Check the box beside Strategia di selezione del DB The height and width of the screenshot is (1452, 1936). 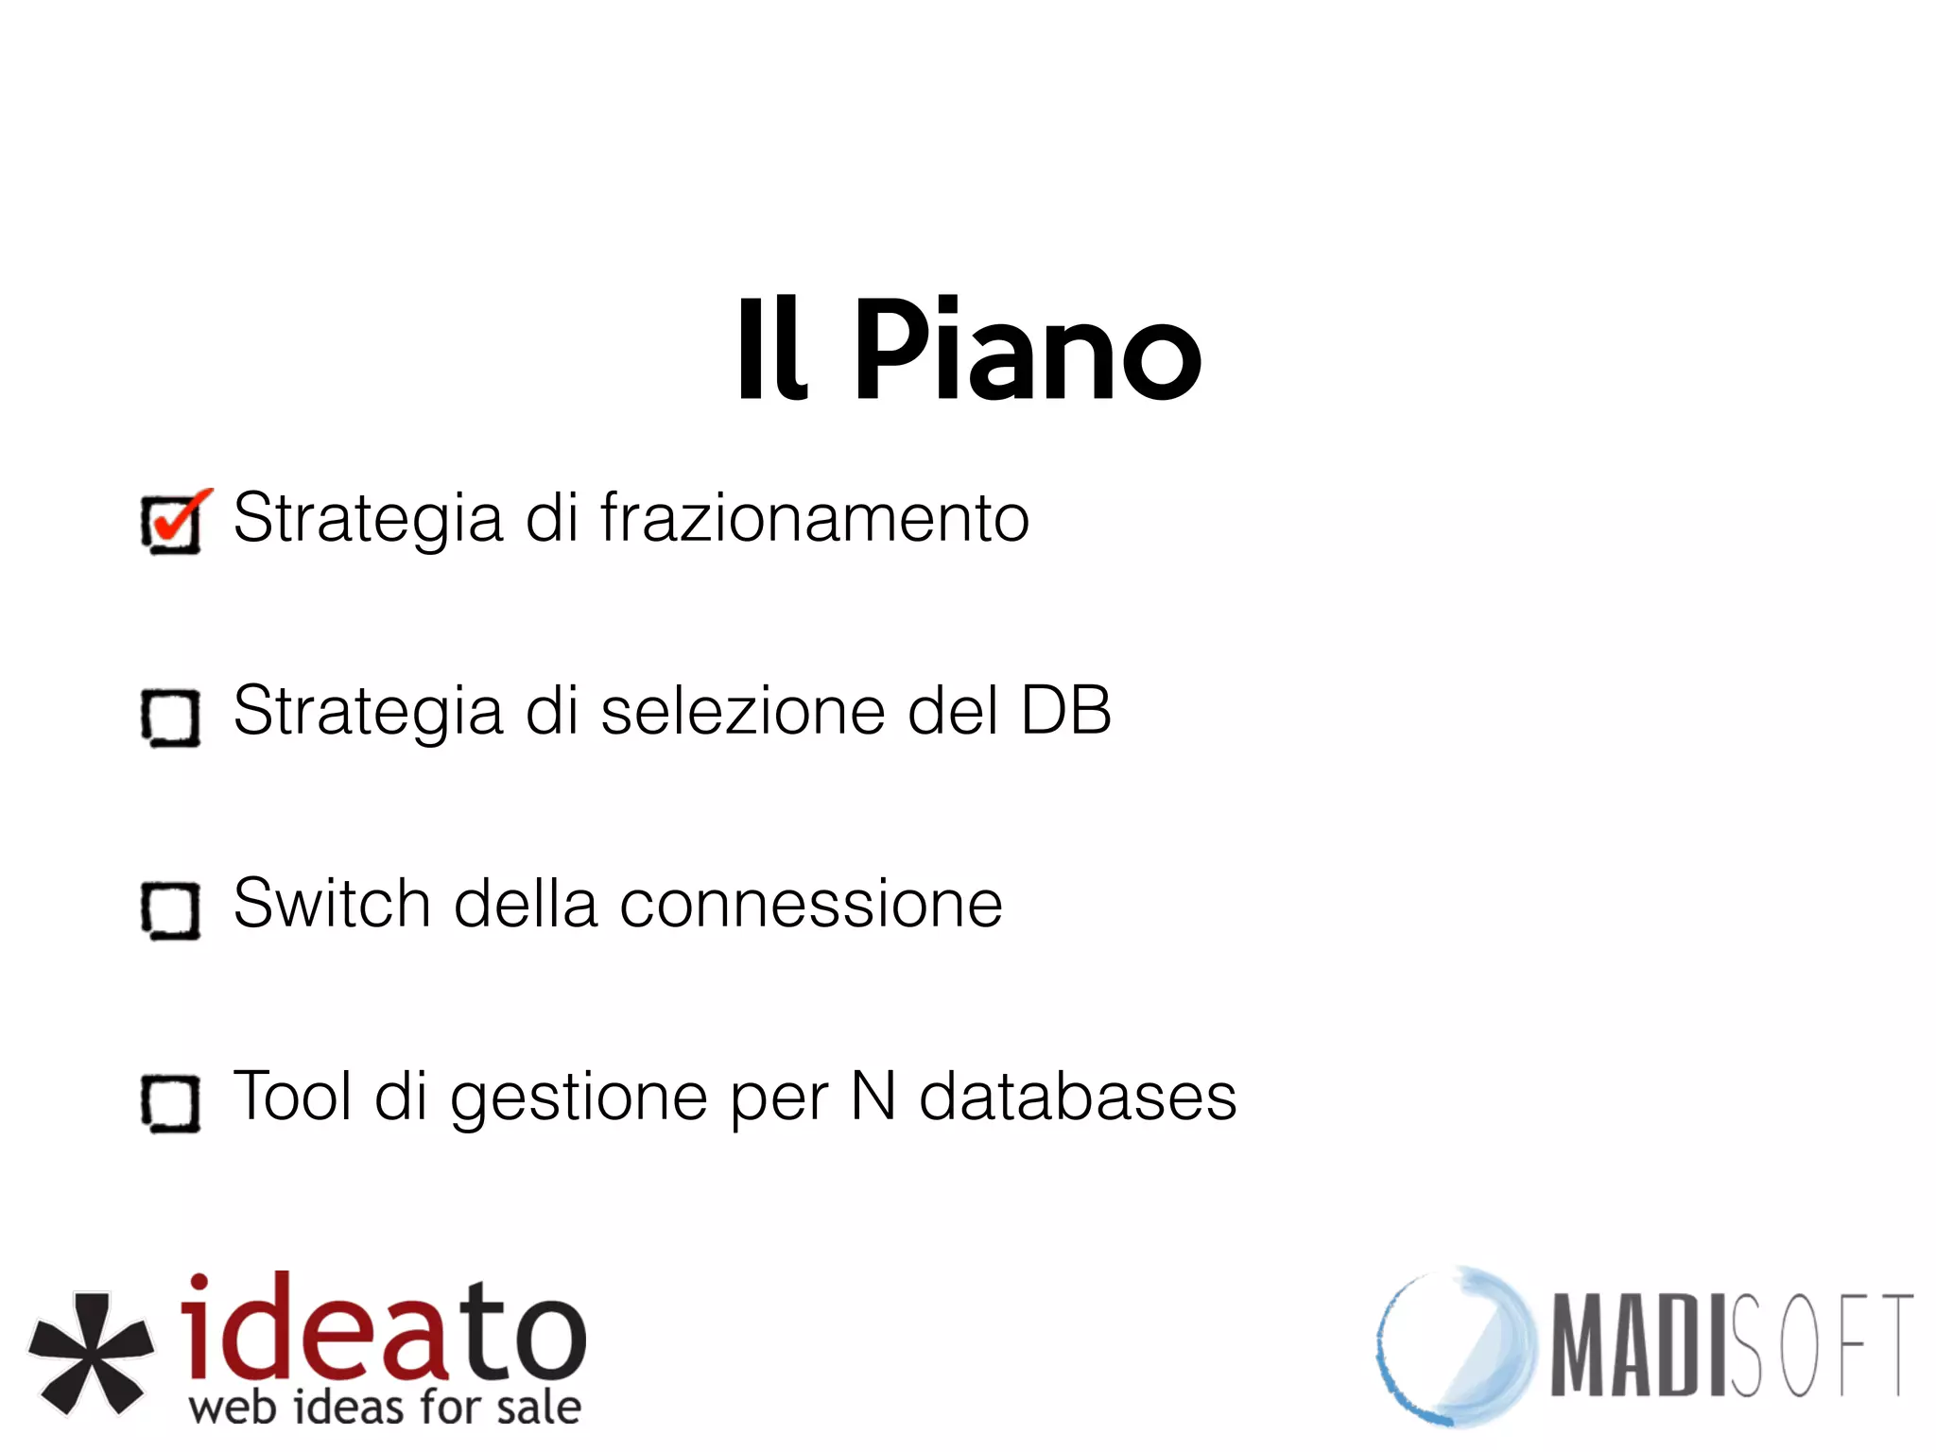[171, 717]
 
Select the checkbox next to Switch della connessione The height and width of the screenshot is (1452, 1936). [171, 910]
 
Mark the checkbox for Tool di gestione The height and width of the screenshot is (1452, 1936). [171, 1103]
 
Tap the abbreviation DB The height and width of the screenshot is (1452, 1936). [1065, 711]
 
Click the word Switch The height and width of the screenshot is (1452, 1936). [332, 904]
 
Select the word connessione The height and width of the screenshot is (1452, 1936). [810, 904]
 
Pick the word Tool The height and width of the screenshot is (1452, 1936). [292, 1097]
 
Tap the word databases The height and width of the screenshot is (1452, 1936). [1078, 1097]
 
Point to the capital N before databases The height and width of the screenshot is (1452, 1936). [873, 1097]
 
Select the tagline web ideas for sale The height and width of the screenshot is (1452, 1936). [385, 1408]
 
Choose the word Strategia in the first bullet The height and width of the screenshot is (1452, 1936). [368, 520]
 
